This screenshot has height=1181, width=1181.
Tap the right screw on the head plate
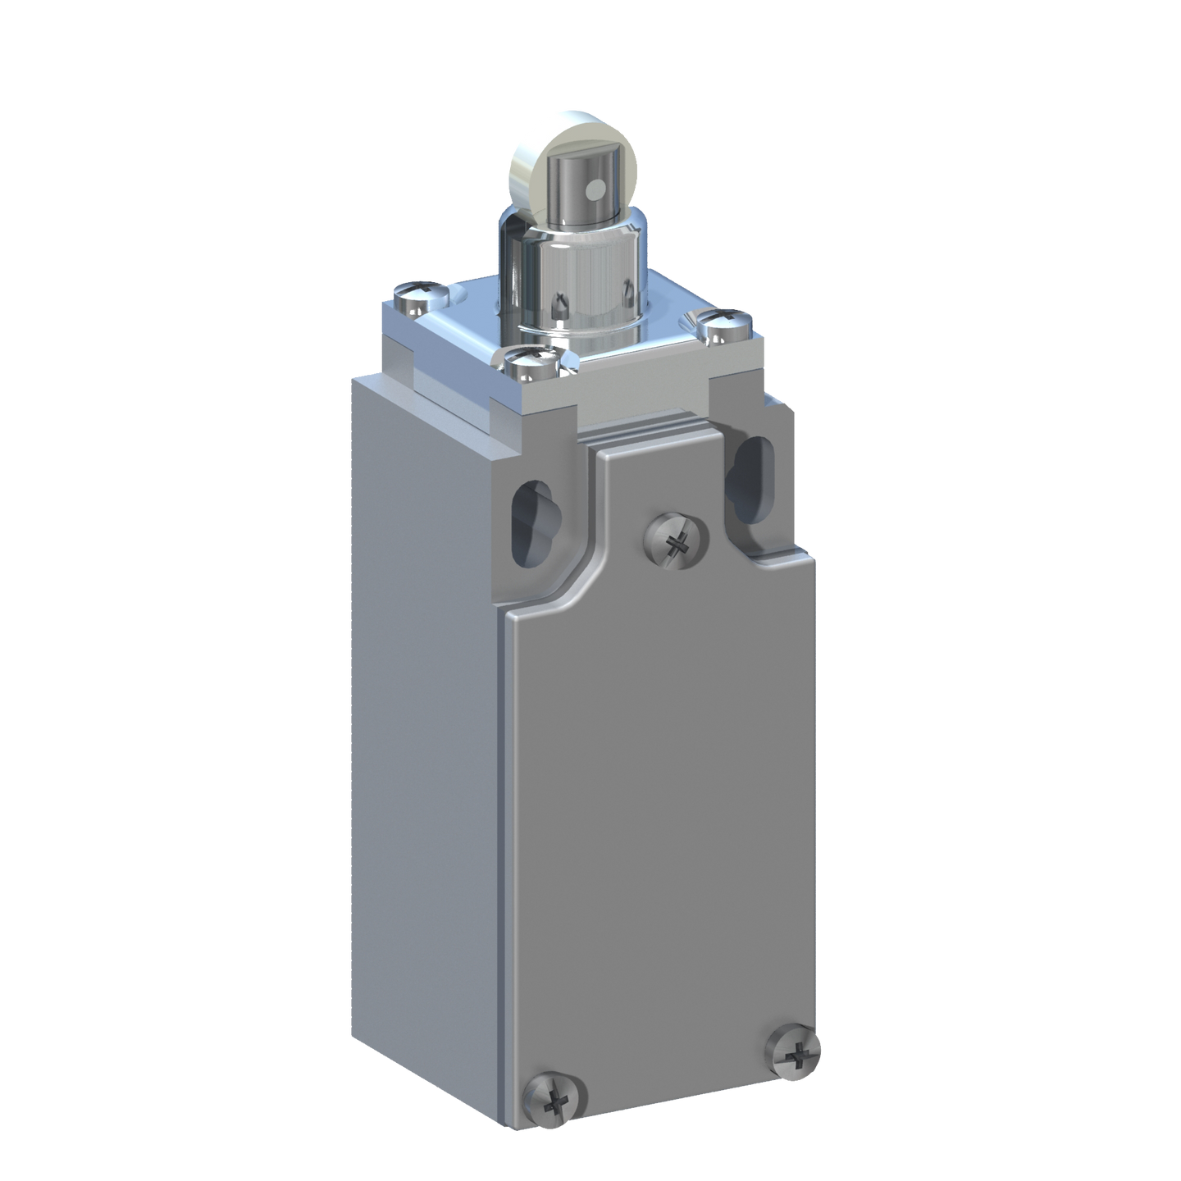tap(726, 326)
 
